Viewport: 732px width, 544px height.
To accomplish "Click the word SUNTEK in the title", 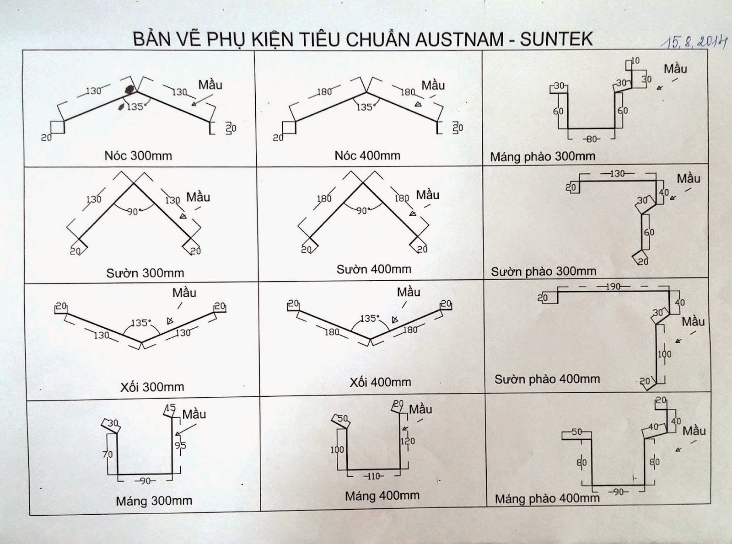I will pos(556,40).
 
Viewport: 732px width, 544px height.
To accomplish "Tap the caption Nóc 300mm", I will pos(138,155).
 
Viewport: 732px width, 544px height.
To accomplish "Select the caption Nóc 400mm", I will pos(367,155).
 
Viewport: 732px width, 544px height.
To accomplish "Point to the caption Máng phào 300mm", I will pos(543,157).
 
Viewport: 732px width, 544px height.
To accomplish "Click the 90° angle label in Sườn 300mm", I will pos(134,212).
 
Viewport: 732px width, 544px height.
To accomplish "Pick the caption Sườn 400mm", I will pos(374,269).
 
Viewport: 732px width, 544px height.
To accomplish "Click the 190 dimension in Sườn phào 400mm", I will pos(613,287).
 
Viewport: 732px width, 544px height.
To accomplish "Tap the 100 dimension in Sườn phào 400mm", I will pos(664,354).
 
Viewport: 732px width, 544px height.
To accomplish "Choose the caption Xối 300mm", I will pos(152,387).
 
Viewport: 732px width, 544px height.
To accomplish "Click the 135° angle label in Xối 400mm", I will pos(370,318).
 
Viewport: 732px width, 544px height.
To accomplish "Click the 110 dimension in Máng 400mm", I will pos(374,476).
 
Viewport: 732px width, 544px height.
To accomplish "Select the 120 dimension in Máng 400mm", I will pos(408,441).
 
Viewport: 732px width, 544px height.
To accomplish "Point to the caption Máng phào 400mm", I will pos(547,498).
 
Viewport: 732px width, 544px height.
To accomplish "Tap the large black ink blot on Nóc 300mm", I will pos(129,90).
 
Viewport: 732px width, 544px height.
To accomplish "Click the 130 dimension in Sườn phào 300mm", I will pos(617,174).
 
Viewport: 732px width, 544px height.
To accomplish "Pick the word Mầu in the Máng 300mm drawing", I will pos(194,414).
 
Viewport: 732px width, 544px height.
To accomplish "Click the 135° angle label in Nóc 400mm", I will pos(365,107).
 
